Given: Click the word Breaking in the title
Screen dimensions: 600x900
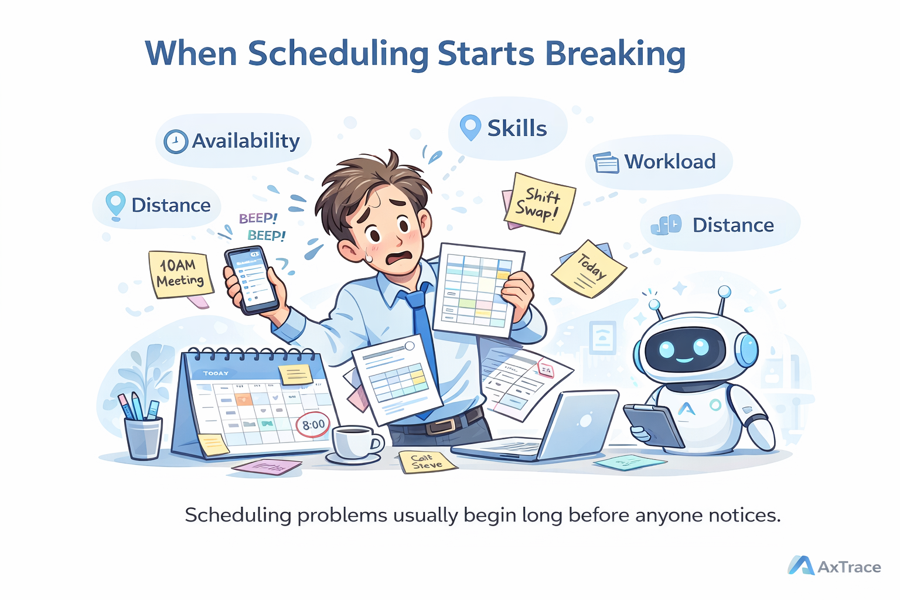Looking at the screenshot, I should (x=615, y=54).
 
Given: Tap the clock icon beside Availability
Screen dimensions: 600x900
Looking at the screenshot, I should (x=175, y=142).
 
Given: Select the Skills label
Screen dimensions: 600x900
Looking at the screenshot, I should (x=517, y=128).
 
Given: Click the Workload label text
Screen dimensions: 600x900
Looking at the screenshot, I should (x=670, y=162).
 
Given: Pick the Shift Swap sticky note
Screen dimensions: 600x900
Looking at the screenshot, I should (x=539, y=203).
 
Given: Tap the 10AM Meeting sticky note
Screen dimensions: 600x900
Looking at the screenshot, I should (x=180, y=274).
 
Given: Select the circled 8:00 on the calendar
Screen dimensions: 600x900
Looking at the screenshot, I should (x=313, y=425).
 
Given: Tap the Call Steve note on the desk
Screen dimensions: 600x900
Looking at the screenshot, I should (x=426, y=462).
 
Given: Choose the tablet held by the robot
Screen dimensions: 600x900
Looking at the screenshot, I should (x=653, y=425).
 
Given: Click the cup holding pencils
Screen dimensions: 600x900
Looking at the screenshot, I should (x=143, y=437).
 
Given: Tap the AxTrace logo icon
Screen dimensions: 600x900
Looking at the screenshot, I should (x=801, y=565).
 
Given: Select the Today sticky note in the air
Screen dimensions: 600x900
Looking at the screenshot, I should (x=589, y=269).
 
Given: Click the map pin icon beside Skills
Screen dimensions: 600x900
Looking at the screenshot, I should (x=470, y=127).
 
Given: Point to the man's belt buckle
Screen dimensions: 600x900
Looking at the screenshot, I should (x=440, y=425).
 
